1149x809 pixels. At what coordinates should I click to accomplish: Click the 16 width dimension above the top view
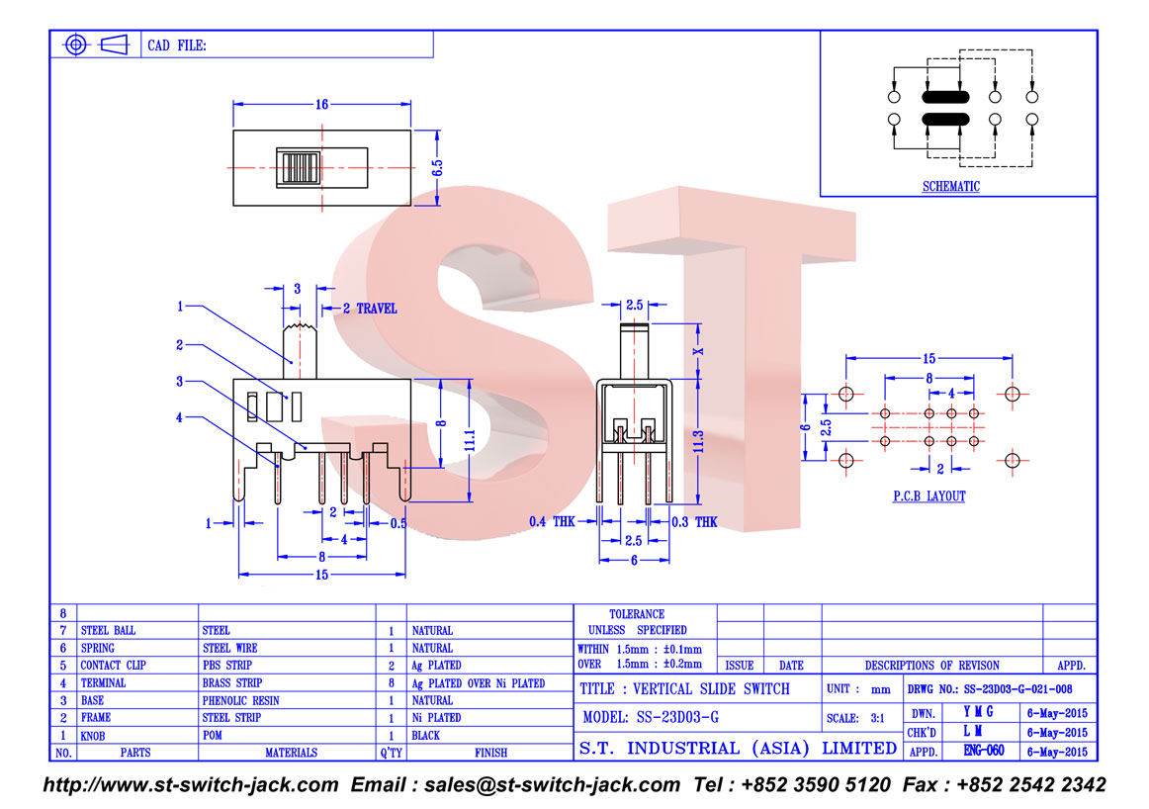click(321, 105)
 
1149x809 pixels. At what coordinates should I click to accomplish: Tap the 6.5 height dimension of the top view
click(437, 168)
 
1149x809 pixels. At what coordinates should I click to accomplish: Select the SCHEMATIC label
click(950, 186)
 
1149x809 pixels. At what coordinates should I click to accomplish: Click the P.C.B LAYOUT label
click(928, 496)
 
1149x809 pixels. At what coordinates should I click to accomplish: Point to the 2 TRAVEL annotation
click(370, 309)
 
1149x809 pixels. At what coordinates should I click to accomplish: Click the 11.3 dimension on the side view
click(698, 441)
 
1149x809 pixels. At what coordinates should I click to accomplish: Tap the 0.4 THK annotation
click(552, 522)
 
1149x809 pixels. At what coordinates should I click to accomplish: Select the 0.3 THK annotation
click(694, 522)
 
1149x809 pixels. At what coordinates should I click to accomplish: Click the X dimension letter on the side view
click(698, 351)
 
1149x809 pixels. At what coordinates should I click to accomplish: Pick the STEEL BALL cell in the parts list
click(108, 630)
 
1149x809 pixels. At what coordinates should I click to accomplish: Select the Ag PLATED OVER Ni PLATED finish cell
click(478, 683)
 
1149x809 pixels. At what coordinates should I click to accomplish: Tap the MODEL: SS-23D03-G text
click(651, 717)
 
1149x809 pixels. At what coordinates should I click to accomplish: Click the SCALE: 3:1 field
click(855, 718)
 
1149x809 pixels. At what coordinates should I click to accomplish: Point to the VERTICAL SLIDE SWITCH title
click(711, 688)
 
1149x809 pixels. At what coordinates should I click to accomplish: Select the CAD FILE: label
click(177, 45)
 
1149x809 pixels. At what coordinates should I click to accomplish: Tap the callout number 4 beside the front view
click(179, 417)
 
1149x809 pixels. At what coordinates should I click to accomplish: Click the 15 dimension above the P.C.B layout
click(928, 358)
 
